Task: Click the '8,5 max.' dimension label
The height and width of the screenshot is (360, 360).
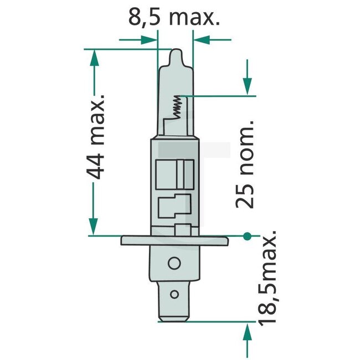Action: (x=174, y=17)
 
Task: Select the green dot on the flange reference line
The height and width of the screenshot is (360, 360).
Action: (x=246, y=236)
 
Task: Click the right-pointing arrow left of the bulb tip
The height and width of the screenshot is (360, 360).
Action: (x=148, y=39)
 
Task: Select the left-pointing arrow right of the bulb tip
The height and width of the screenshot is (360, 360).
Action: (x=202, y=39)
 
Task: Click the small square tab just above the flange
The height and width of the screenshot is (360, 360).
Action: (x=182, y=230)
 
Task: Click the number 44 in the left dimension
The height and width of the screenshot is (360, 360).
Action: (x=97, y=167)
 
